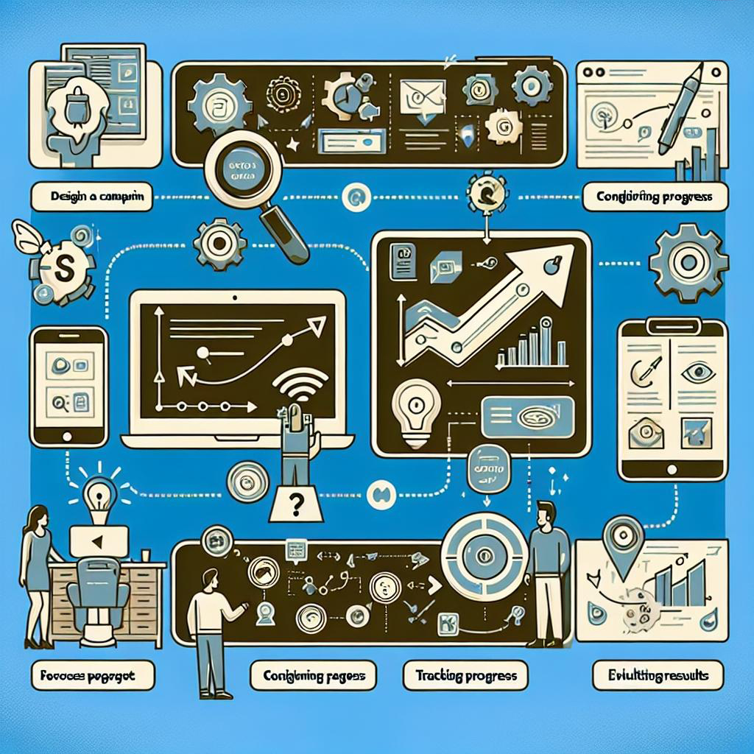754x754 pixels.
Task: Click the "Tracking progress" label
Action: coord(465,674)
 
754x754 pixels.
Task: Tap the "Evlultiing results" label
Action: coord(658,674)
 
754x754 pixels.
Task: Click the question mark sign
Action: coord(296,505)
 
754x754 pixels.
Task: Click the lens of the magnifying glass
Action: coord(238,171)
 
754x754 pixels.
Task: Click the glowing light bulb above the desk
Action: coord(97,492)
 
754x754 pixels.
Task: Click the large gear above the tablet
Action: coord(690,261)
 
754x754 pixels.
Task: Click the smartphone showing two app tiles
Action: coord(69,386)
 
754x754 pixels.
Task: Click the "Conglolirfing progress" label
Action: coord(655,197)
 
